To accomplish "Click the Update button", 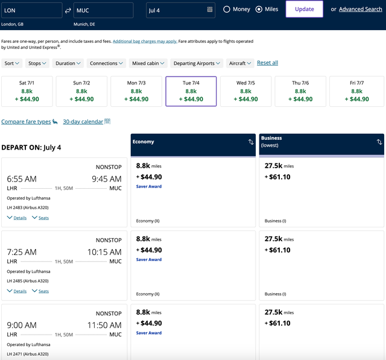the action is coord(304,9).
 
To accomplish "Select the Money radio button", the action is coord(227,10).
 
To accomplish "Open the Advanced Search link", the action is coord(361,9).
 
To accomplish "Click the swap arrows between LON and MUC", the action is coord(68,10).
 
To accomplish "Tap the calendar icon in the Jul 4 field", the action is coord(210,10).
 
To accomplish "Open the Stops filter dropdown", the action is coord(37,63).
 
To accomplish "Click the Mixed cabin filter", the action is coord(148,63).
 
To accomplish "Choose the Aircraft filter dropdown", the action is coord(240,63).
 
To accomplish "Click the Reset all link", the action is coord(267,63).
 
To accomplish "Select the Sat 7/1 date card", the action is coord(27,91).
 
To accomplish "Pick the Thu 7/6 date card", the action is coord(300,91).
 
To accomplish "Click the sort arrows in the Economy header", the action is coord(251,142).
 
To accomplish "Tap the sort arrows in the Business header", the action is coord(379,142).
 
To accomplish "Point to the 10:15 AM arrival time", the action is coord(104,252).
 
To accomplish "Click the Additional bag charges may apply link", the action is coord(145,42).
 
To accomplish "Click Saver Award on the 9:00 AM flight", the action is coord(149,333).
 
